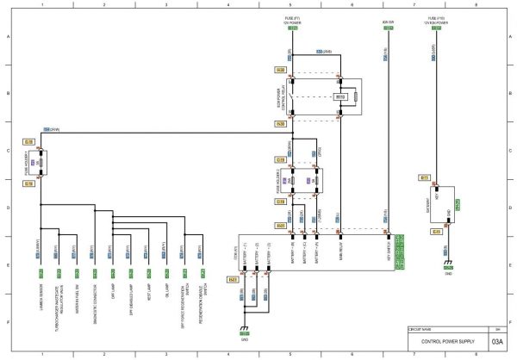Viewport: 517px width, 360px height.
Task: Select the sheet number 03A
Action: click(497, 342)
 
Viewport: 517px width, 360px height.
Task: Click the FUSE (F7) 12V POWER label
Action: click(291, 18)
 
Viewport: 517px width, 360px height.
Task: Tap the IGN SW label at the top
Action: click(388, 19)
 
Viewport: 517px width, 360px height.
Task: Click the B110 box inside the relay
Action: click(340, 97)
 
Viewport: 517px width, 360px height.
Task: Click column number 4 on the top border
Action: click(228, 4)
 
